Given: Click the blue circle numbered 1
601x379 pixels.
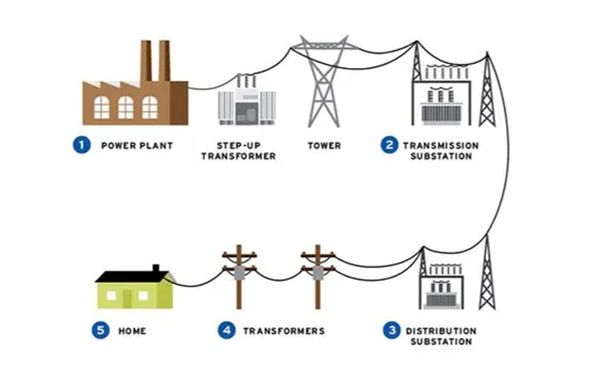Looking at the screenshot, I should (x=83, y=145).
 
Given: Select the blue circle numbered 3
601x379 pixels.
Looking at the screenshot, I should (x=392, y=330).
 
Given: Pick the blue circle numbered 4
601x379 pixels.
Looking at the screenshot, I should (x=226, y=330).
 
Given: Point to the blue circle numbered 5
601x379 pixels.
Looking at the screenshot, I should (x=101, y=330).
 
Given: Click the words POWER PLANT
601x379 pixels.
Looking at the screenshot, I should (x=137, y=146).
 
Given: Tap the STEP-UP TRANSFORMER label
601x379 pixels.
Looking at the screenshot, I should (x=239, y=151).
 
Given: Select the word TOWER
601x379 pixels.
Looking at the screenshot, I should (x=325, y=146).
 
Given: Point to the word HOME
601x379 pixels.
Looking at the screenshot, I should (x=132, y=331).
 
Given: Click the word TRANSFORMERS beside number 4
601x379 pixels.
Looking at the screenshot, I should (x=284, y=331).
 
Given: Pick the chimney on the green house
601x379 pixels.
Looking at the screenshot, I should (x=156, y=268).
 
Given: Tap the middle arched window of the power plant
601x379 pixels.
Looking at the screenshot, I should (x=126, y=108).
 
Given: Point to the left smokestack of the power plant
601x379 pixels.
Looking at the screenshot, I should (x=145, y=60).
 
